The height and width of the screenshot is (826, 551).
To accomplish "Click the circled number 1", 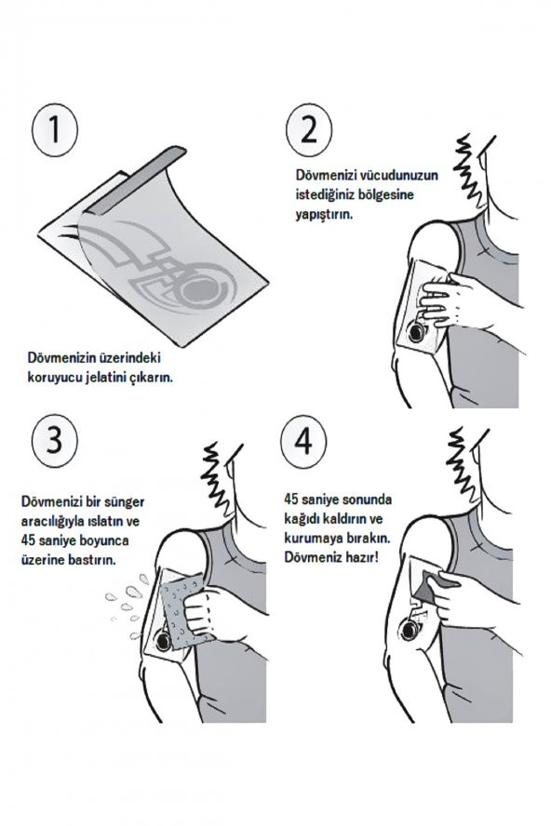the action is point(55,129).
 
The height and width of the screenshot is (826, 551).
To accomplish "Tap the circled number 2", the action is point(309,129).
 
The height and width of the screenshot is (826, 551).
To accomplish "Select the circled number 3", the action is point(55,439).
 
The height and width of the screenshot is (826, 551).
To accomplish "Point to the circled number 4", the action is point(303,439).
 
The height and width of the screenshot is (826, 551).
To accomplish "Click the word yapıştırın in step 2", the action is point(324,216).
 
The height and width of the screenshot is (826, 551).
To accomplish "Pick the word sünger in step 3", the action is point(125,502).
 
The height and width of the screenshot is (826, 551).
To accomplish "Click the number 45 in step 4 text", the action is point(291,499).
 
